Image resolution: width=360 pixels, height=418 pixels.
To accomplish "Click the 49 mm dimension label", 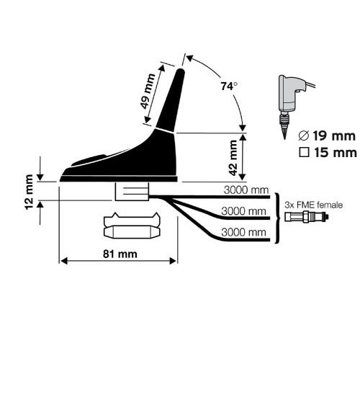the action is click(x=148, y=92).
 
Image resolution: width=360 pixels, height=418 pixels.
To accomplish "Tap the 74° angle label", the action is click(x=229, y=86).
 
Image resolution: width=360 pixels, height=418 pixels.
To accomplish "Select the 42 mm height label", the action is click(x=233, y=158).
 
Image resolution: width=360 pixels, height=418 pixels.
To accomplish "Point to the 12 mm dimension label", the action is click(x=29, y=192).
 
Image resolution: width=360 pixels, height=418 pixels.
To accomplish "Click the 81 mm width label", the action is click(x=120, y=254).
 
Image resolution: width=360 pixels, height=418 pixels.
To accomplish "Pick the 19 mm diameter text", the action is click(x=334, y=136).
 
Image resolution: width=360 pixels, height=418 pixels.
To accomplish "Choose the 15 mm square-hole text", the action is click(x=336, y=153).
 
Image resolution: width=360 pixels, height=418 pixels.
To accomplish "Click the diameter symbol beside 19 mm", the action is click(x=304, y=136).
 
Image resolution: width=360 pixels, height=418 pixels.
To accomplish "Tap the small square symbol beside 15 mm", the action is click(x=304, y=153).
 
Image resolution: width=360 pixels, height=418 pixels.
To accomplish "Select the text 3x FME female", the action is click(x=313, y=205).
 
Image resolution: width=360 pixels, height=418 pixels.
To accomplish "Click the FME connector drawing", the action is click(x=307, y=217).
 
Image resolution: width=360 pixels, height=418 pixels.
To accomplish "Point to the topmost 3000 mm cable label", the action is click(x=246, y=190).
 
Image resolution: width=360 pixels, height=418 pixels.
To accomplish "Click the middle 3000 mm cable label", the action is click(x=243, y=211).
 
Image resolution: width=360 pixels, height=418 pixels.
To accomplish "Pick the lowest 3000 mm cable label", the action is click(x=243, y=232).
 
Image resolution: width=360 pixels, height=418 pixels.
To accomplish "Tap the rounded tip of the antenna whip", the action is click(x=181, y=71).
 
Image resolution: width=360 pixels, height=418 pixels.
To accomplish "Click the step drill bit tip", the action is click(x=284, y=137).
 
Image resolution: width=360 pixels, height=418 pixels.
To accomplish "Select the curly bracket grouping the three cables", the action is click(x=277, y=218).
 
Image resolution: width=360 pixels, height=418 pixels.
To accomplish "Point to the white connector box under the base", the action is click(x=132, y=192).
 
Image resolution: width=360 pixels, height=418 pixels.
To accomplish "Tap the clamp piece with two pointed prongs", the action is click(x=132, y=220).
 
